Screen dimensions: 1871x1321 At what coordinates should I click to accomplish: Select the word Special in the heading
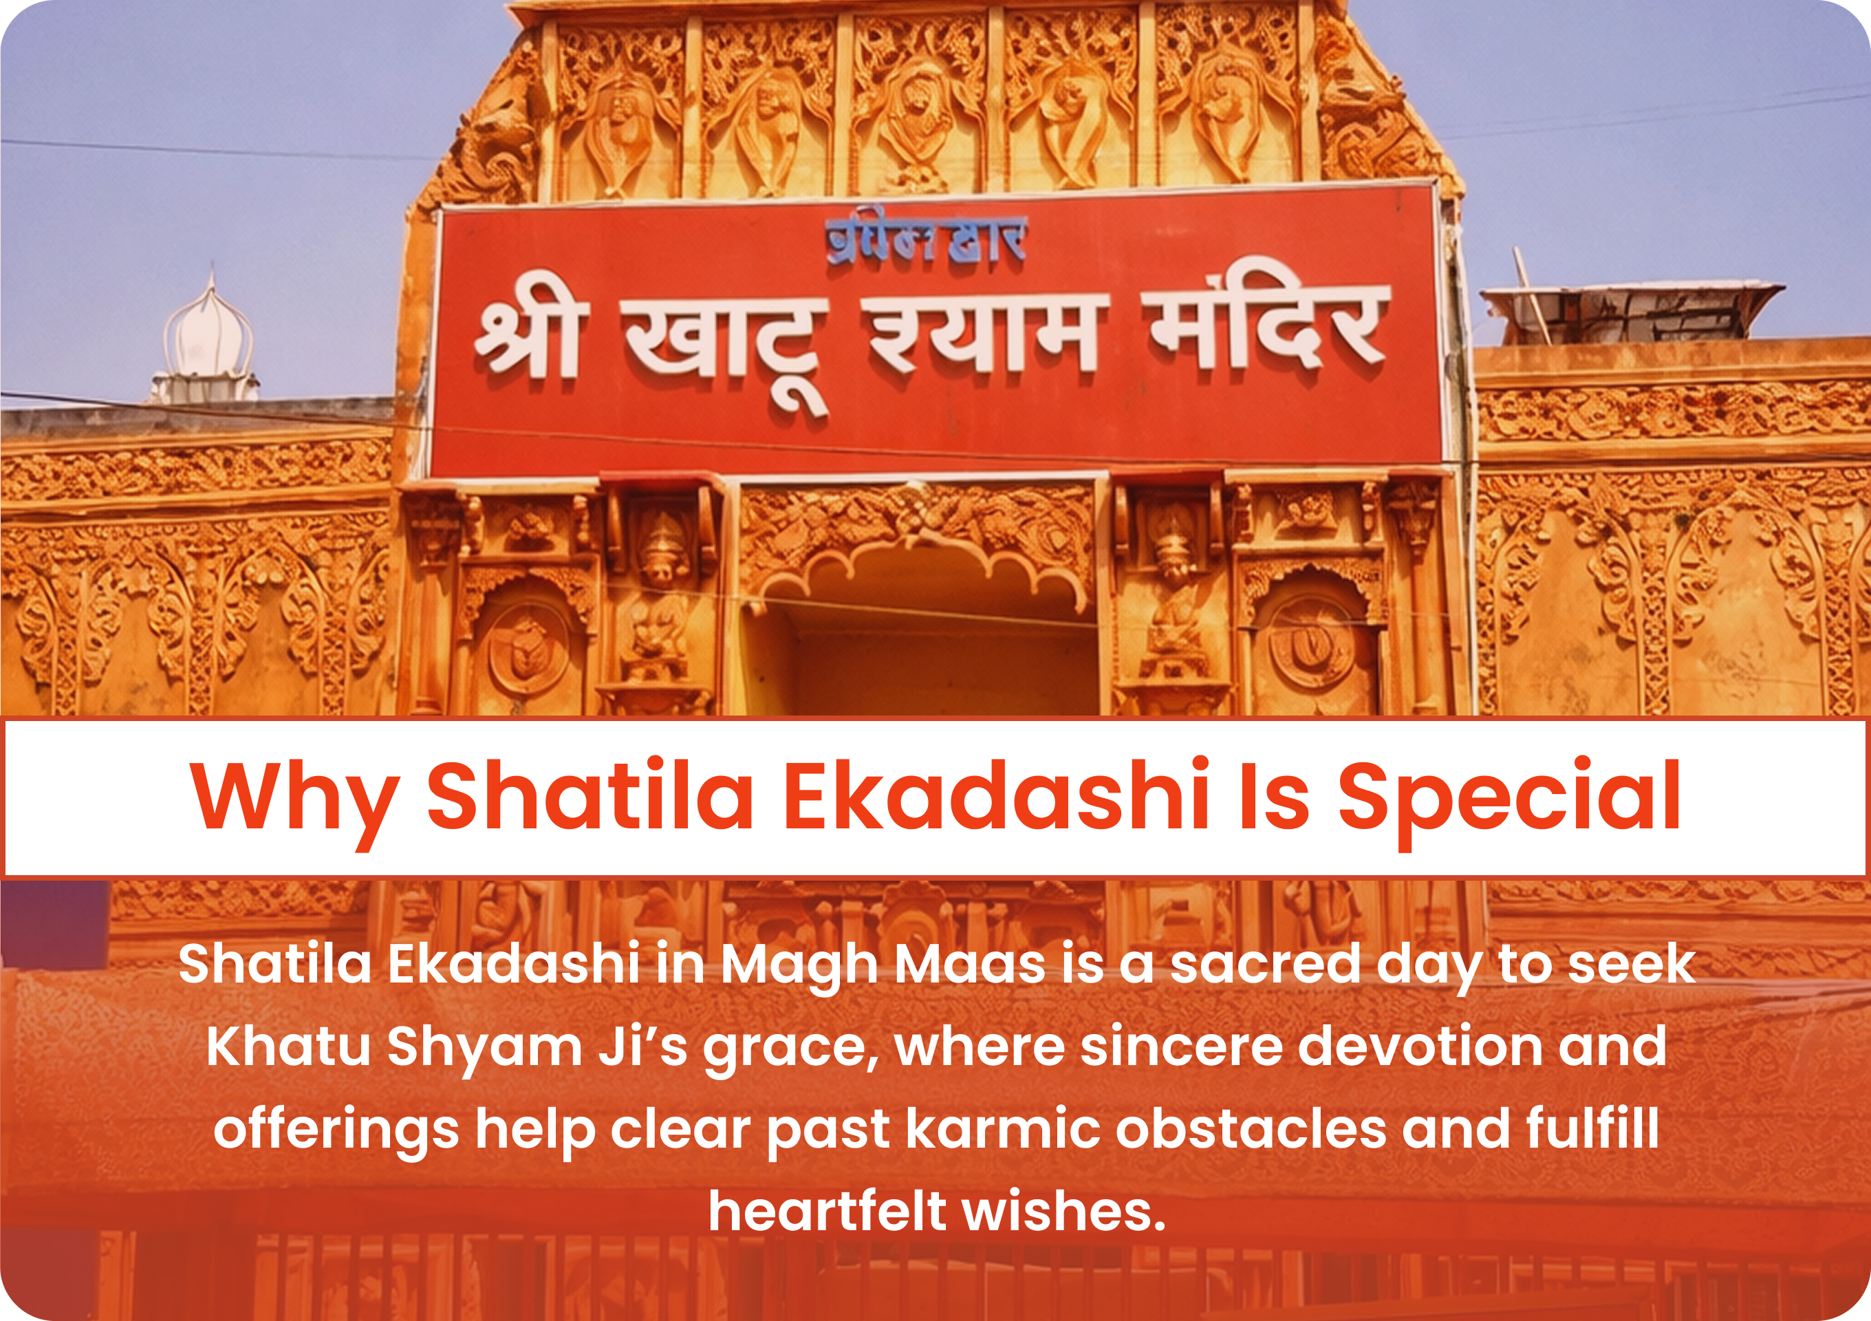(1509, 802)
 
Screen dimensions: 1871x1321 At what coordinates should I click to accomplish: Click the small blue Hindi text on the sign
(926, 239)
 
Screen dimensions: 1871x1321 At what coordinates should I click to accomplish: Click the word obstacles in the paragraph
(1251, 1128)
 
